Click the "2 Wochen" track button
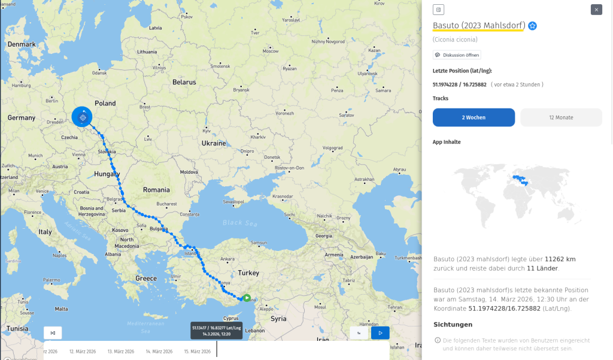pyautogui.click(x=474, y=117)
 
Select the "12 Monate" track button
pyautogui.click(x=561, y=117)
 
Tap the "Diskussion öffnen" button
pyautogui.click(x=457, y=55)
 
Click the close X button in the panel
pyautogui.click(x=596, y=10)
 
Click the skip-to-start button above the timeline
pyautogui.click(x=53, y=333)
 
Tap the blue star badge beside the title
pyautogui.click(x=532, y=26)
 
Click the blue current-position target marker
pyautogui.click(x=83, y=117)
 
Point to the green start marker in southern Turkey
pyautogui.click(x=247, y=298)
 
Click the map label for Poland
pyautogui.click(x=105, y=103)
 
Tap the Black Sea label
pyautogui.click(x=232, y=222)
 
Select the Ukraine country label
pyautogui.click(x=214, y=144)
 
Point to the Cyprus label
pyautogui.click(x=231, y=318)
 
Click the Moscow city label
pyautogui.click(x=271, y=52)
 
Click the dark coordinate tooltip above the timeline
pyautogui.click(x=217, y=331)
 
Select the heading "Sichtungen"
pyautogui.click(x=453, y=325)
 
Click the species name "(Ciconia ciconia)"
pyautogui.click(x=455, y=40)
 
